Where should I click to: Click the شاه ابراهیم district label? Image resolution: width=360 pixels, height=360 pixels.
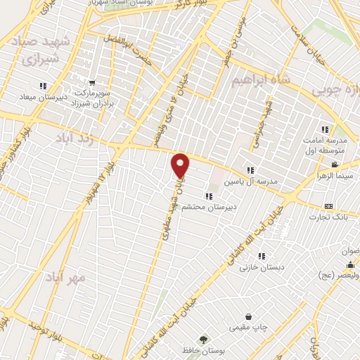[x=262, y=81]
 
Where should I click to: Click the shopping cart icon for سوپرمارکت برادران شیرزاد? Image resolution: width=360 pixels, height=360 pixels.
[x=92, y=82]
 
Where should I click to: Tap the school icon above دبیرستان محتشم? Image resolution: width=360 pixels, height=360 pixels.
[x=208, y=196]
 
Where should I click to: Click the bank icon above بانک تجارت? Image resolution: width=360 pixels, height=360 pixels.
[x=328, y=206]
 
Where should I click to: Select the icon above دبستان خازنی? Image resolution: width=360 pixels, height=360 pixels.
[x=262, y=257]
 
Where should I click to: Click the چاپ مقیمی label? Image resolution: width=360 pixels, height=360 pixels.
[x=248, y=328]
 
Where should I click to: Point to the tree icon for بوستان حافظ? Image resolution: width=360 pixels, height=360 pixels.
[x=204, y=339]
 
